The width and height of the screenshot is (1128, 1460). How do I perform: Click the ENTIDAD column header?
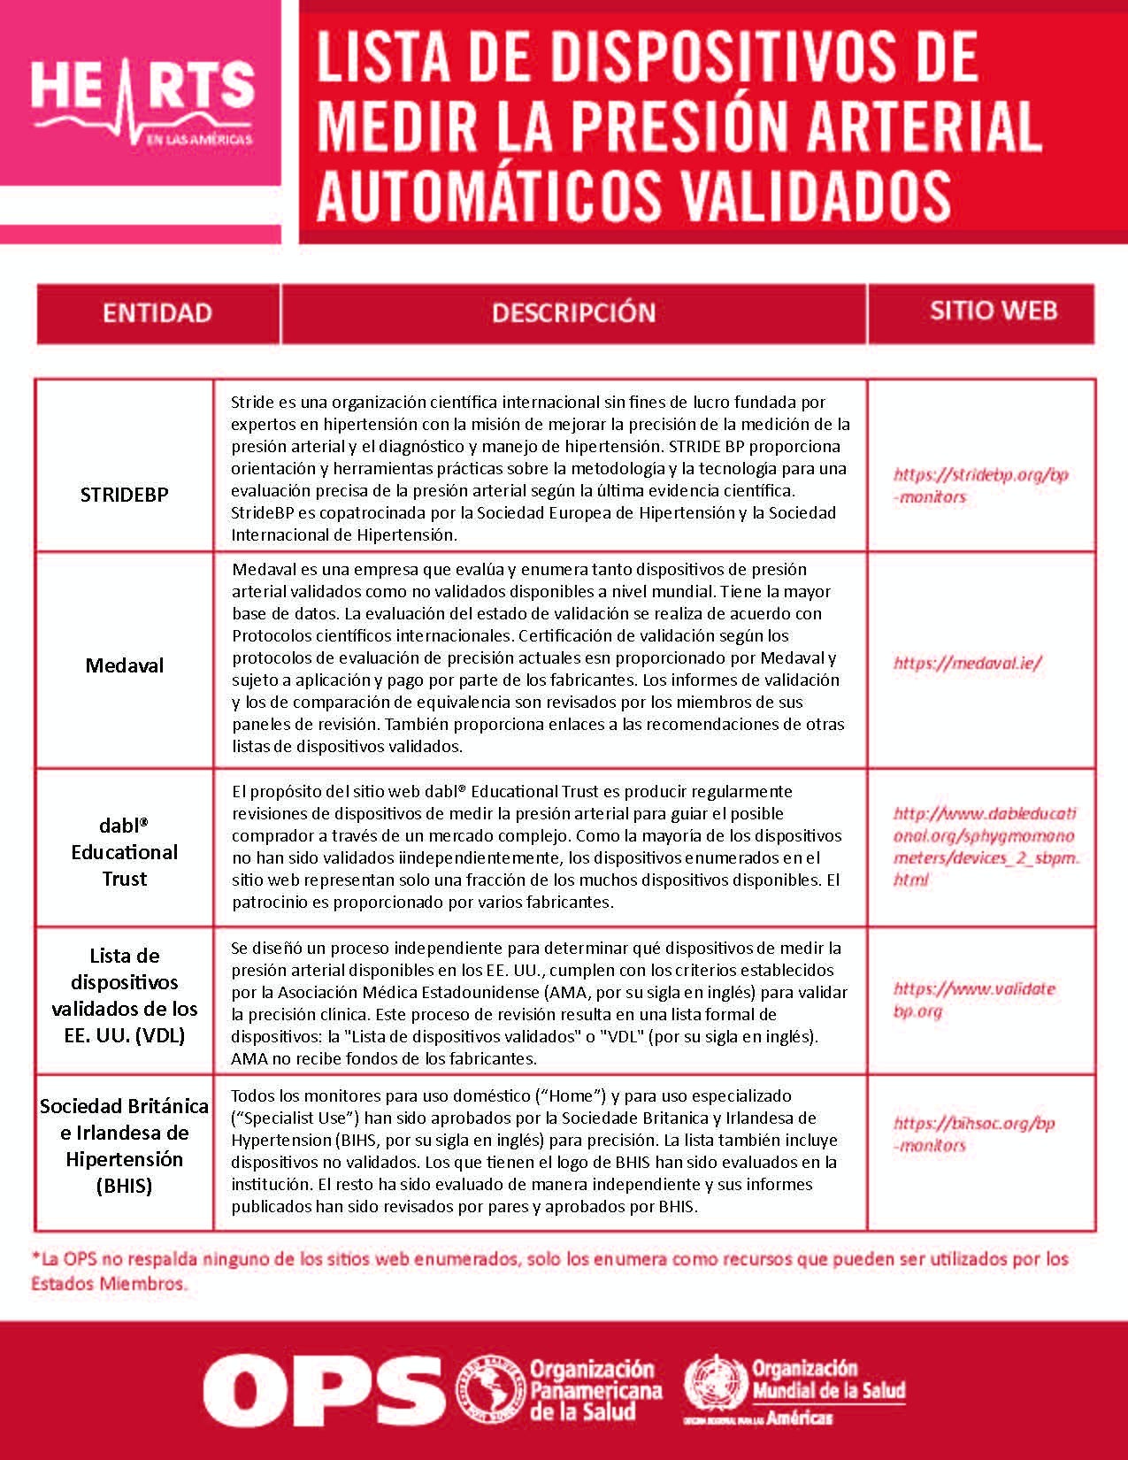[x=157, y=313]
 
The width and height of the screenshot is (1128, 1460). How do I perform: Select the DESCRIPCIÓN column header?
[x=573, y=313]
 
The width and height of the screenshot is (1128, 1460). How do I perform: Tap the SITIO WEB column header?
[x=993, y=311]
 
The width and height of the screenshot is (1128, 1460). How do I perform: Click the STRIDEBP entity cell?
[x=124, y=495]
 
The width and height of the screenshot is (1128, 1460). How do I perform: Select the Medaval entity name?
[x=124, y=665]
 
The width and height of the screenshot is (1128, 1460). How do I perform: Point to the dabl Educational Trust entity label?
[x=124, y=852]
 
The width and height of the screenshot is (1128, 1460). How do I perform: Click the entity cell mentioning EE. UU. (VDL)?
[x=124, y=995]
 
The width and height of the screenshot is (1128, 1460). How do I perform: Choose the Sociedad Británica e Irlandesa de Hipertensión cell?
[x=124, y=1146]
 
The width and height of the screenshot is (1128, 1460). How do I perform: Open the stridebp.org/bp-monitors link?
[x=980, y=486]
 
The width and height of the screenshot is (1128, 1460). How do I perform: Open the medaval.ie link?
[x=967, y=663]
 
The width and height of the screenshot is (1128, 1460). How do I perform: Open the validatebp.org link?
[x=974, y=1000]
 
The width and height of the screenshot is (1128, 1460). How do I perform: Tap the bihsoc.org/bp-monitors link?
[x=974, y=1134]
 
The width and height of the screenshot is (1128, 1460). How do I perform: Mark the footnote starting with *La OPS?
[x=549, y=1271]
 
